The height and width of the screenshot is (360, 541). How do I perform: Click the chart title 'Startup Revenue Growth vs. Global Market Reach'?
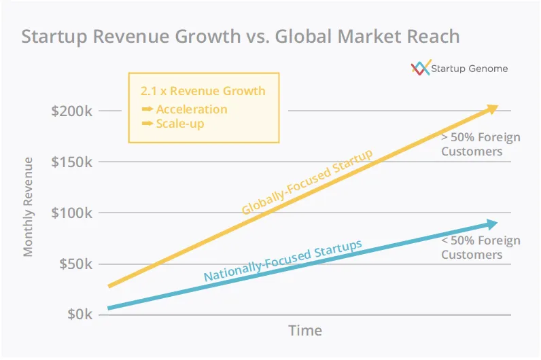click(x=240, y=36)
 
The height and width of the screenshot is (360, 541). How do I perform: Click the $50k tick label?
click(x=75, y=264)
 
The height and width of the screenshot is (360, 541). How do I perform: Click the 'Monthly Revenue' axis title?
click(x=28, y=206)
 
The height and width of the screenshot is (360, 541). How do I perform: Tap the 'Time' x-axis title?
click(x=305, y=331)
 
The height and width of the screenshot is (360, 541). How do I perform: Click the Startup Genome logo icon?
click(x=421, y=68)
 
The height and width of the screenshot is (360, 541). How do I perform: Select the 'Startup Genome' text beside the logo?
click(x=470, y=69)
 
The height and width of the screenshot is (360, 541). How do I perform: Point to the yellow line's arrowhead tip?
click(x=498, y=107)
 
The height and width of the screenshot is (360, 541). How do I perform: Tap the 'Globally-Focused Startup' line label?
click(x=307, y=182)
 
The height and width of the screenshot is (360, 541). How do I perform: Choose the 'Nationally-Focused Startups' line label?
click(x=283, y=261)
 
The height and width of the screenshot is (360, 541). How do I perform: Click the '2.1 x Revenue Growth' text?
click(x=203, y=91)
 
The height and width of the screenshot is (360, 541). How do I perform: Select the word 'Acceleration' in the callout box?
click(x=192, y=109)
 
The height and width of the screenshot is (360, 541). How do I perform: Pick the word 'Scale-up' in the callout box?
click(x=179, y=124)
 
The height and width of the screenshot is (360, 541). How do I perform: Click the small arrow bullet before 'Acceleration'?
click(x=146, y=109)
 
